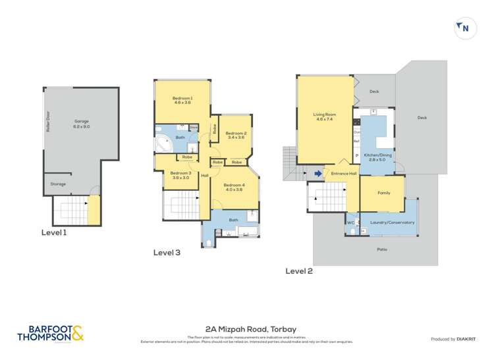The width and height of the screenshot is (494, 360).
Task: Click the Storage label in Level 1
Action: tap(58, 184)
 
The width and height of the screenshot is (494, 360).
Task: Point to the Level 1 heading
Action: tap(54, 232)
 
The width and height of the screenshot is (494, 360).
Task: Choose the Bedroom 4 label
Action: tap(234, 188)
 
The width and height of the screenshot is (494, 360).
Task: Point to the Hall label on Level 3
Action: tap(205, 176)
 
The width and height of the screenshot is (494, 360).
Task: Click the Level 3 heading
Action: tap(167, 252)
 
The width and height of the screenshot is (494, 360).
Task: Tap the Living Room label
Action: tap(324, 117)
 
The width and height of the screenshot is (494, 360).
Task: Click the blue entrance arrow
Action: tap(318, 174)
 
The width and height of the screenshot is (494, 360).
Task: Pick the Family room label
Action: tap(383, 193)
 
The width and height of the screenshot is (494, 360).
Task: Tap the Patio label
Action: tap(381, 249)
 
